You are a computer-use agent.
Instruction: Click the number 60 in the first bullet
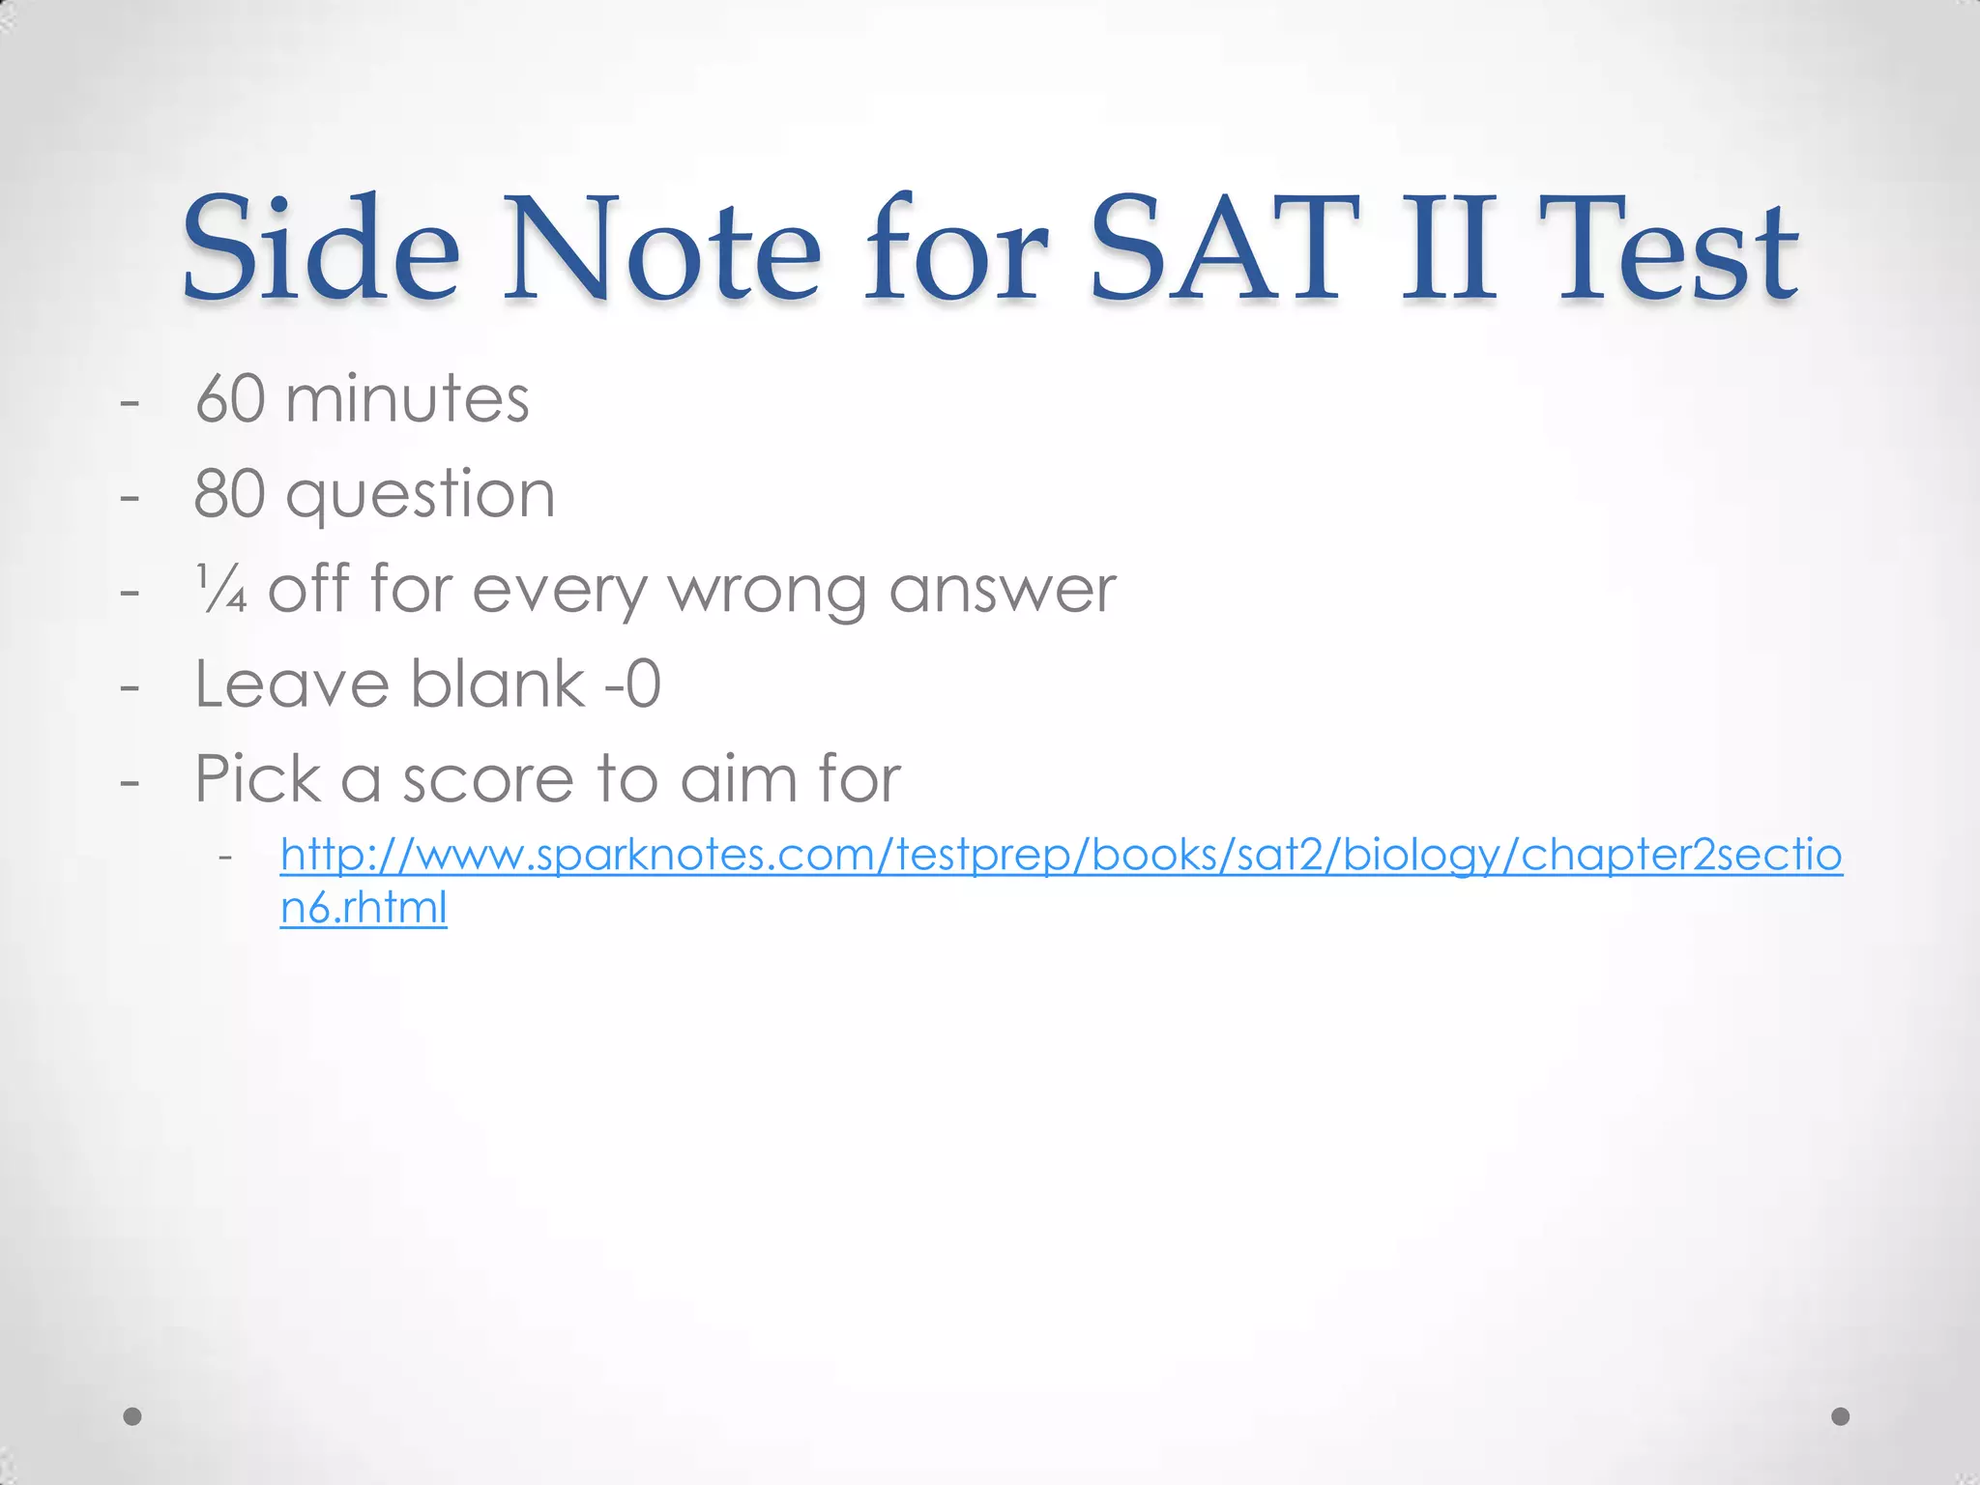pos(230,398)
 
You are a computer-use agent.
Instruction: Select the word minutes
pos(407,398)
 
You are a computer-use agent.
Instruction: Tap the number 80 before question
pos(230,493)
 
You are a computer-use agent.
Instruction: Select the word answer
pos(1003,590)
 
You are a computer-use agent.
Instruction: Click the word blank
pos(498,684)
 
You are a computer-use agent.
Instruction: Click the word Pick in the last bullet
pos(257,779)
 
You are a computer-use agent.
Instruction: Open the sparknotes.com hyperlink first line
pos(1061,855)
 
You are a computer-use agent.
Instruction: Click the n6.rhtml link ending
pos(364,908)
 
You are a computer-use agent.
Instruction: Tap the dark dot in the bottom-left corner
pos(133,1416)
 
